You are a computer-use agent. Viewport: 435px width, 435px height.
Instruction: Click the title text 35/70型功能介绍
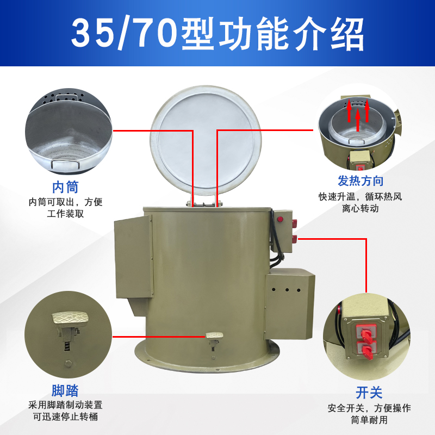[217, 34]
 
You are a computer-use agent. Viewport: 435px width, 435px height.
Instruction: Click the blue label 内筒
[65, 187]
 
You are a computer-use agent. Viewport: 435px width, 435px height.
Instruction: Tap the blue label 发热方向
[361, 181]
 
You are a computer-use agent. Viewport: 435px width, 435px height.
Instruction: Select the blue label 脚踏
[65, 390]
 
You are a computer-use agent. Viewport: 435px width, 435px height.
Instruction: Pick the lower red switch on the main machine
[294, 238]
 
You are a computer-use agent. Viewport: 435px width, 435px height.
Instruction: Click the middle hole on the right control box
[287, 290]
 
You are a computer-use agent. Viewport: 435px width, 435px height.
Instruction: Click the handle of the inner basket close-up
[64, 161]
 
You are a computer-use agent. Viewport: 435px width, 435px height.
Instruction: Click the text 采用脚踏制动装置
[65, 405]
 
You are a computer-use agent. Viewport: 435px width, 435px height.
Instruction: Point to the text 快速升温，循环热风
[361, 196]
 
